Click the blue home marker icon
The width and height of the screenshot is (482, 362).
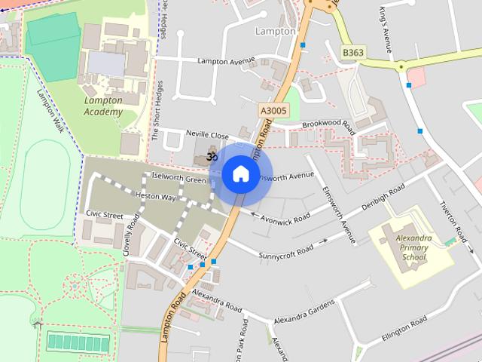tap(239, 174)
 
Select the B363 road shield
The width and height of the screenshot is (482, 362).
tap(352, 52)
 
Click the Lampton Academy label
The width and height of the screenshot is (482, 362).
tap(103, 106)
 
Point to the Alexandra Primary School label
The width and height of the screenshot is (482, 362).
tap(413, 247)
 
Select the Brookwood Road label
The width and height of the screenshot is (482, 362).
tap(328, 123)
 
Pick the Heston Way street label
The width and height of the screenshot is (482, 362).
tap(155, 196)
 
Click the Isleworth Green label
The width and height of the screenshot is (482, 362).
tap(178, 179)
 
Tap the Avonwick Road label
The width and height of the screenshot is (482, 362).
tap(285, 217)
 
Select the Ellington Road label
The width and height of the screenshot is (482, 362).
tap(404, 330)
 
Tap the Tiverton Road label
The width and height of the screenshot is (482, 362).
tap(455, 219)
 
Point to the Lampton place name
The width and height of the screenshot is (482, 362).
tap(276, 32)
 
